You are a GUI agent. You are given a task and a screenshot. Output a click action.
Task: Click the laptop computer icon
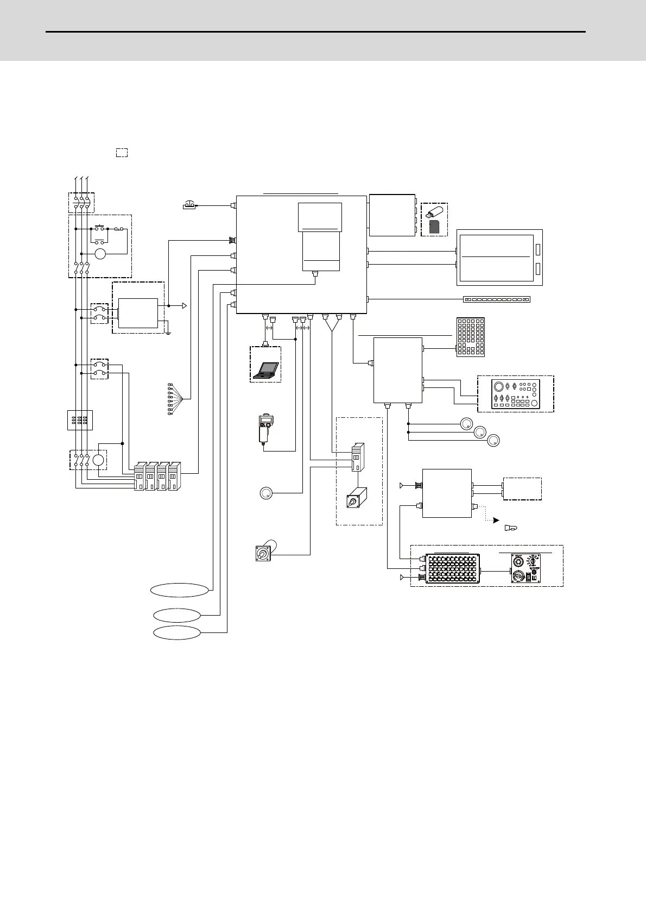tap(266, 369)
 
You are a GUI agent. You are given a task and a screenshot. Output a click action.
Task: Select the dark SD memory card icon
tap(434, 227)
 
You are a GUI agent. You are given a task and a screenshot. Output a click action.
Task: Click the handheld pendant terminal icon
tap(265, 431)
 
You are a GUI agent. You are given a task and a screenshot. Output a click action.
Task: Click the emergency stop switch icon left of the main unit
tap(189, 205)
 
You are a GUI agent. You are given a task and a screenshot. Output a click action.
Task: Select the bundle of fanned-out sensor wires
tap(176, 399)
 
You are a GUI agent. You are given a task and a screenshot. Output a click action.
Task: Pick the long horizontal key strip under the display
tap(496, 299)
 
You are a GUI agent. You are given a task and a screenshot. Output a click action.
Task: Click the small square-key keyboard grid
tap(470, 337)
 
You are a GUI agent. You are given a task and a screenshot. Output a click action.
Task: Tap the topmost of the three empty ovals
tap(180, 591)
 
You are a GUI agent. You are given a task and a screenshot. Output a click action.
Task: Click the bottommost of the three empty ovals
tap(177, 633)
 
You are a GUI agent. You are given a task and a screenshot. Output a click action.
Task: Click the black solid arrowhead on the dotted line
tap(496, 521)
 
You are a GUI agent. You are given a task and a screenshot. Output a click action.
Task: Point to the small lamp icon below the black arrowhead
tap(510, 527)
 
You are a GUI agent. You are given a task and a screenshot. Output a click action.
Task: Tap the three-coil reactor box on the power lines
tap(80, 420)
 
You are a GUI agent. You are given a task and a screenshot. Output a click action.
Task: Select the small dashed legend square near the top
tap(122, 153)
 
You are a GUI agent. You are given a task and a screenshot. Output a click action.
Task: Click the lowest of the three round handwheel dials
tap(493, 441)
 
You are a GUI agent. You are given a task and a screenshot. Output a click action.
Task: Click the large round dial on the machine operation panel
tap(498, 387)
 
